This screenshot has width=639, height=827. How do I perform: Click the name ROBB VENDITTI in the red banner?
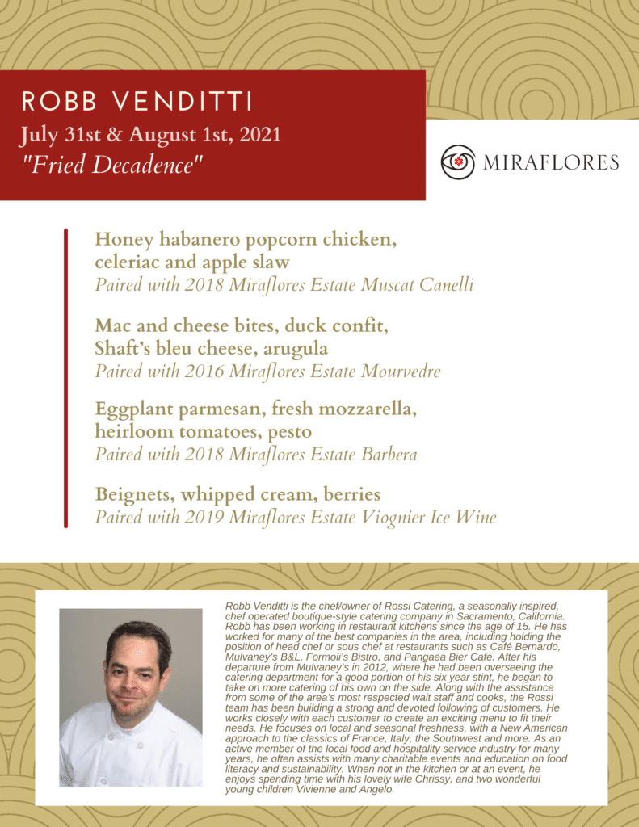click(x=137, y=103)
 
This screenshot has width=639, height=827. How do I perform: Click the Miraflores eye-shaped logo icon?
click(x=458, y=162)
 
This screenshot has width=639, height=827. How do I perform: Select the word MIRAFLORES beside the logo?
click(x=551, y=162)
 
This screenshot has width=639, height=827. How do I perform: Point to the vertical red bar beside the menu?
click(x=65, y=378)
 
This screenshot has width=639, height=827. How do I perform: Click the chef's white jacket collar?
click(x=129, y=731)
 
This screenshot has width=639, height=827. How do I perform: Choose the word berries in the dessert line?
click(x=347, y=494)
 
